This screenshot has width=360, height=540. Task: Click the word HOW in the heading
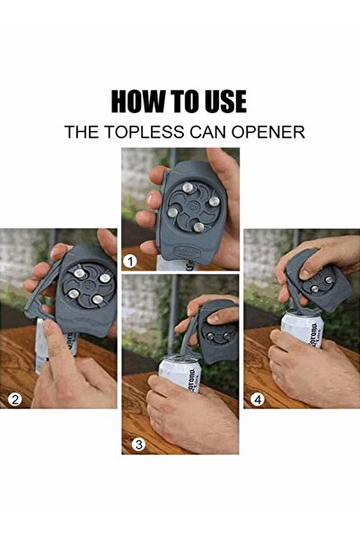[136, 101]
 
